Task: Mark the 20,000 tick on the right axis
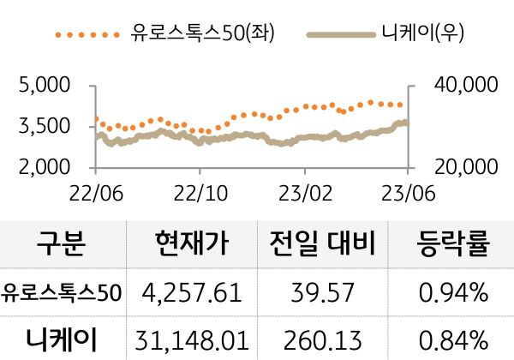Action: pos(461,166)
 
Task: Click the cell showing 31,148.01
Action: pos(193,340)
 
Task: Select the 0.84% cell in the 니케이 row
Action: pos(452,340)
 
